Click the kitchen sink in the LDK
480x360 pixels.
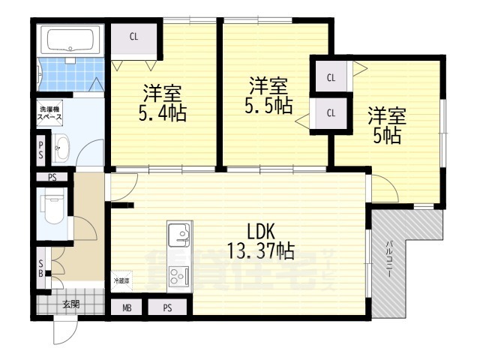[180, 236]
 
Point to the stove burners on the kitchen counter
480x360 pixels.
[180, 280]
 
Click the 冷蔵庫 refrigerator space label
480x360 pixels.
[121, 280]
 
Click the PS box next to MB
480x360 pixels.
[167, 307]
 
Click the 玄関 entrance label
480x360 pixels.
[71, 304]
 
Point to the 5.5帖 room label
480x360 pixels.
[268, 95]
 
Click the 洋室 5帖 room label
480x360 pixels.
[386, 125]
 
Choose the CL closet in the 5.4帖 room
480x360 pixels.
[133, 37]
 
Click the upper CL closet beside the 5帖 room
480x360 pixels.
[331, 76]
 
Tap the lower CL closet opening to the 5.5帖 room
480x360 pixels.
[331, 113]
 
